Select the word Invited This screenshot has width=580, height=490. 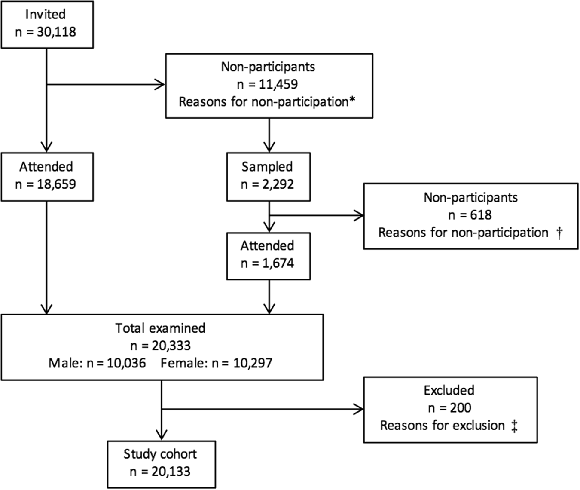point(46,14)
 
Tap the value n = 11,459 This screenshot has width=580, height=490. point(268,84)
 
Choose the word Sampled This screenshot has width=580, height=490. point(267,167)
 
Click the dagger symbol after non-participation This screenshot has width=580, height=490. point(559,233)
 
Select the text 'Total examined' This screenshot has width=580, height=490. point(160,328)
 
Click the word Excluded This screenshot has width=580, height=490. point(449,390)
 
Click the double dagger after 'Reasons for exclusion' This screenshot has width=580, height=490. point(514,426)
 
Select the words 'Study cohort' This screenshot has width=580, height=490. point(160,454)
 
